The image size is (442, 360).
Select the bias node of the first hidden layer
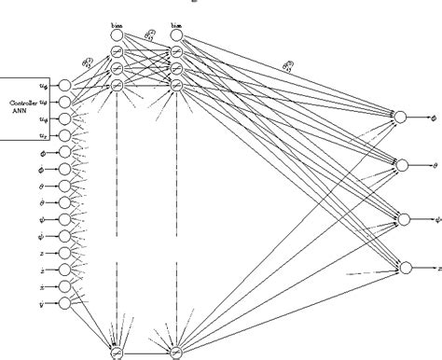[117, 35]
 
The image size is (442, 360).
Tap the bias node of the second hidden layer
[176, 35]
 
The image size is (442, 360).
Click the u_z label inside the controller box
[44, 137]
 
